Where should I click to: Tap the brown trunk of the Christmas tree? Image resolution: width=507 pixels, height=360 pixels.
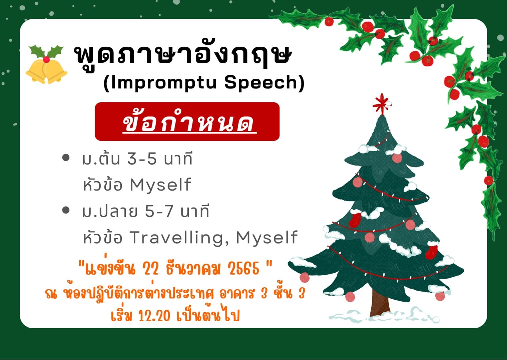[x=381, y=303]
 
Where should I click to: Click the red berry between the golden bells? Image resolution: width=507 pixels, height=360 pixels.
[x=46, y=59]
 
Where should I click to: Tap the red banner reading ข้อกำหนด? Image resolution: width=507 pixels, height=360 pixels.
[x=187, y=121]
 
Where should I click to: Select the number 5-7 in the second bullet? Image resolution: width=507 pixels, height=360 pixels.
[x=159, y=211]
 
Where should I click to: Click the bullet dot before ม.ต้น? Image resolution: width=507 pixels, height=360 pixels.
[x=66, y=158]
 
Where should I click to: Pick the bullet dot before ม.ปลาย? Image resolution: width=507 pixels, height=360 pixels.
[x=66, y=210]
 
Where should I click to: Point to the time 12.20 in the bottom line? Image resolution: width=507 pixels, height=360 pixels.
[x=154, y=316]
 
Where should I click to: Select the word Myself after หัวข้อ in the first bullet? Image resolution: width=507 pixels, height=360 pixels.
[x=160, y=185]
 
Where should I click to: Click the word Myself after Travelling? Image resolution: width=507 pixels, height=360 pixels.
[x=267, y=238]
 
